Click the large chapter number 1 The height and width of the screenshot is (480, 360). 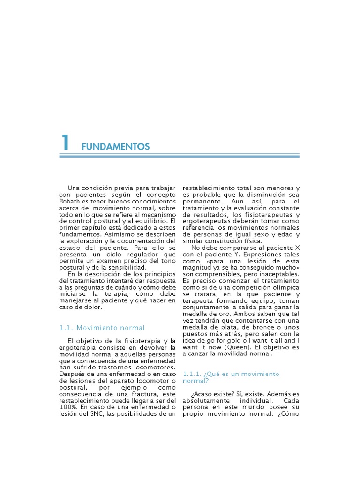(66, 143)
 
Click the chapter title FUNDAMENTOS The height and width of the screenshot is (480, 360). (115, 147)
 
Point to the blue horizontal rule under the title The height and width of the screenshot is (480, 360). (180, 155)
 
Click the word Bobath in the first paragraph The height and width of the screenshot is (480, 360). (71, 201)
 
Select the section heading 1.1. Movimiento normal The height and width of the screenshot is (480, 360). (102, 328)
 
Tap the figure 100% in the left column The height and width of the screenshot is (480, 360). (68, 407)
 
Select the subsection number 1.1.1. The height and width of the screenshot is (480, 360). (192, 374)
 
